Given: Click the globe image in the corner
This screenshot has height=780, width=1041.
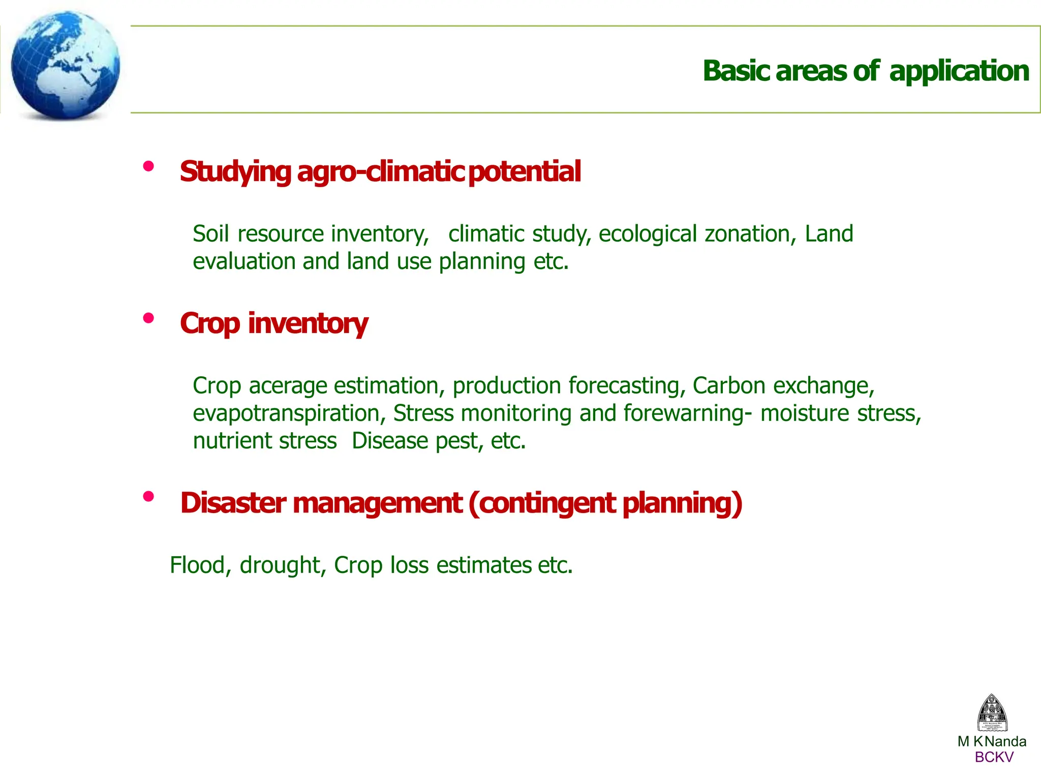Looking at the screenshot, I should [65, 65].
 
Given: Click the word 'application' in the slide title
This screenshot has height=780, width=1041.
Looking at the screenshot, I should [959, 71].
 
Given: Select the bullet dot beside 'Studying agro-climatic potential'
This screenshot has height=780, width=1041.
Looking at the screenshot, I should [148, 166].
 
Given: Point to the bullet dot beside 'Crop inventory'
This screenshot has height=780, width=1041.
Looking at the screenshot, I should [148, 318].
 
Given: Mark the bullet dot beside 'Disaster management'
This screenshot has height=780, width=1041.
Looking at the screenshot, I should [148, 497].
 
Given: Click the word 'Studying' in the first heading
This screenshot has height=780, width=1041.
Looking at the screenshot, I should [235, 171].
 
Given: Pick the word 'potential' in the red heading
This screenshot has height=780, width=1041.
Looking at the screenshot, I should [524, 171].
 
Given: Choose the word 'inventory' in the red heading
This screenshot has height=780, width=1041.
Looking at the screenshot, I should [308, 324].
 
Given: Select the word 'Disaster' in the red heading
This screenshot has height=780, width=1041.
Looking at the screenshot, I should [233, 503].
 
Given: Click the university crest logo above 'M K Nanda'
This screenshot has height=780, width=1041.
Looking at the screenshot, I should [992, 713].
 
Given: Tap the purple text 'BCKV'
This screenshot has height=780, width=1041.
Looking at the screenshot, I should [994, 757].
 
